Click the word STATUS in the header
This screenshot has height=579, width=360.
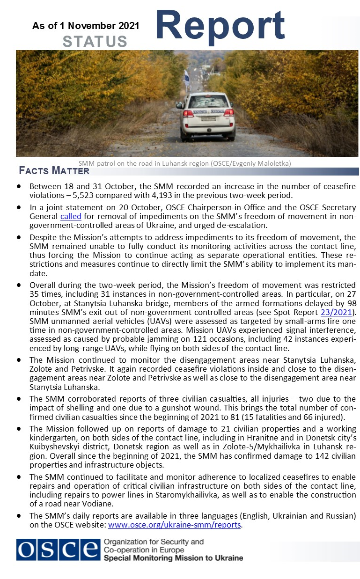click(95, 41)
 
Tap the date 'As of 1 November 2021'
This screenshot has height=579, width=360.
click(86, 26)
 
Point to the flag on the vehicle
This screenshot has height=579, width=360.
click(186, 76)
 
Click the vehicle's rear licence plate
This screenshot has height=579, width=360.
click(208, 119)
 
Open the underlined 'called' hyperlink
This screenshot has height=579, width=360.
click(71, 216)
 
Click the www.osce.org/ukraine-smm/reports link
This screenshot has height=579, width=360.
click(175, 525)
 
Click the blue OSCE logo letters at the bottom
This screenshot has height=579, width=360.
click(58, 550)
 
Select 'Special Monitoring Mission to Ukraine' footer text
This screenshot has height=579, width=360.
click(173, 558)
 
